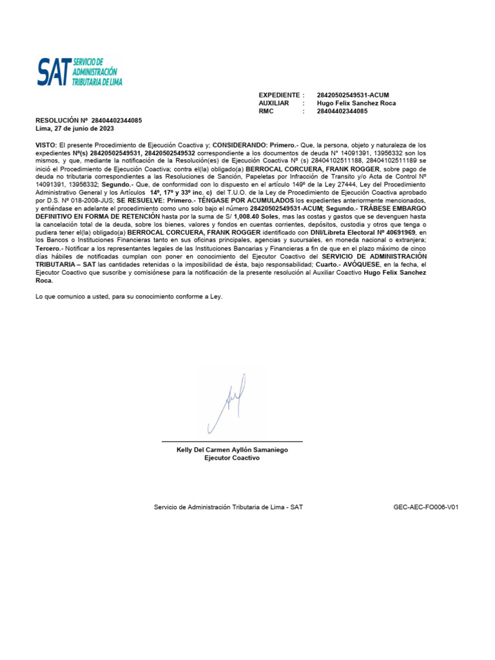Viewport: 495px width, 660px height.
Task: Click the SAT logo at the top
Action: pos(79,72)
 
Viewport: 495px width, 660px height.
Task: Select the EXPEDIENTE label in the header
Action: pos(278,95)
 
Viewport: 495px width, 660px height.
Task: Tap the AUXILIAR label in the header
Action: pos(274,103)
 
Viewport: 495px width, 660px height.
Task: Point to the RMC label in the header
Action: pos(266,112)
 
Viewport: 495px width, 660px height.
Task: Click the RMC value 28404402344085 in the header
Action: pos(342,112)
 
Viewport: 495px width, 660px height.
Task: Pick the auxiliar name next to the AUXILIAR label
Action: pos(356,103)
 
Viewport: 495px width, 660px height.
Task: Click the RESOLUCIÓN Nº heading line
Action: pos(88,121)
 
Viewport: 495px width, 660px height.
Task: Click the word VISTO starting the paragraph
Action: pos(46,146)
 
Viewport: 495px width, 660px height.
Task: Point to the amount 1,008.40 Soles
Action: pos(255,218)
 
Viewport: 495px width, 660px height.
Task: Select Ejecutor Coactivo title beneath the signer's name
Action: pos(231,458)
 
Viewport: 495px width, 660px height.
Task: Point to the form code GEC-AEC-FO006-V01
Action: pos(425,507)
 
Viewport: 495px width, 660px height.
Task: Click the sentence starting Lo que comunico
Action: pos(128,296)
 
